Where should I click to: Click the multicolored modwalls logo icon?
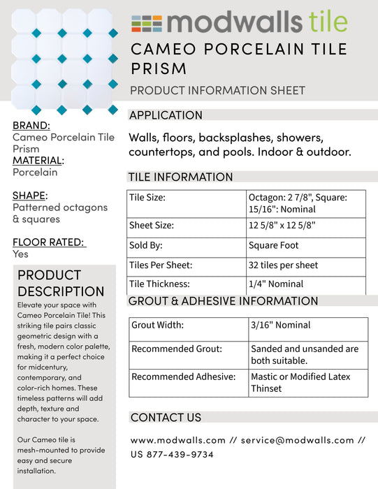click(146, 23)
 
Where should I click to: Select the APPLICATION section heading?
click(166, 115)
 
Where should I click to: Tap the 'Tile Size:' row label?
click(147, 198)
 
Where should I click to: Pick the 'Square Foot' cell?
click(273, 245)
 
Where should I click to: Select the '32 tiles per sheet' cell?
click(283, 265)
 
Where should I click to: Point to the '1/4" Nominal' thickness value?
click(276, 284)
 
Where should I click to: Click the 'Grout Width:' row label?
click(157, 325)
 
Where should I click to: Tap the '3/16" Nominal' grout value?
click(280, 325)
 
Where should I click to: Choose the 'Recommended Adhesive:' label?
click(183, 377)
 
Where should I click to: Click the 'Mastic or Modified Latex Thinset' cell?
click(300, 382)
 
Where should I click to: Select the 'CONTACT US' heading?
click(166, 417)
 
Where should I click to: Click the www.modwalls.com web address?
click(178, 440)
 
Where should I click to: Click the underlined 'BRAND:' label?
click(31, 125)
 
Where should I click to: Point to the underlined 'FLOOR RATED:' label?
click(48, 242)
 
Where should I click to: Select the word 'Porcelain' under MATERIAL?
click(35, 172)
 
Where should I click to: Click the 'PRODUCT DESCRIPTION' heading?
click(61, 283)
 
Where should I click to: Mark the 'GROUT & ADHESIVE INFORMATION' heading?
click(223, 301)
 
